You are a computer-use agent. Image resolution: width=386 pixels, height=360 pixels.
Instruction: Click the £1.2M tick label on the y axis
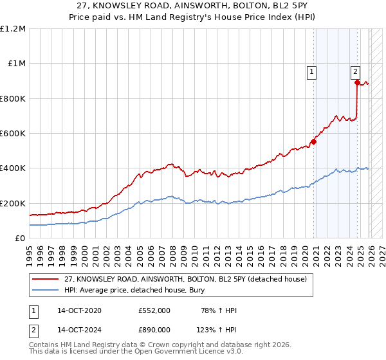click(13, 29)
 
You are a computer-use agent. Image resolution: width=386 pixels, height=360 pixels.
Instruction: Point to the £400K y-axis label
click(13, 168)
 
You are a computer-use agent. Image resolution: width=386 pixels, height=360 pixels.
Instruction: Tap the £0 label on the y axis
click(20, 238)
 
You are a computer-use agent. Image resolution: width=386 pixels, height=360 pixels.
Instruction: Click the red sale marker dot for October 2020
click(314, 141)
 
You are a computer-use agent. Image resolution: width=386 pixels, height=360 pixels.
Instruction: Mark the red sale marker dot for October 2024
click(357, 82)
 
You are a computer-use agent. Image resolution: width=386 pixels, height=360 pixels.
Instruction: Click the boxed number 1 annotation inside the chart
click(312, 73)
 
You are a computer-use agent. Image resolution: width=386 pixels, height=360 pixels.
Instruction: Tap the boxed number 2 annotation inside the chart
click(355, 73)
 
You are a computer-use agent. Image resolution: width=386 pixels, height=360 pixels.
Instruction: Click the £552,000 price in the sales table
click(154, 310)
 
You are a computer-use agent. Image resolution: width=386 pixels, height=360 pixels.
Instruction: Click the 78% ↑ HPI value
click(219, 310)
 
